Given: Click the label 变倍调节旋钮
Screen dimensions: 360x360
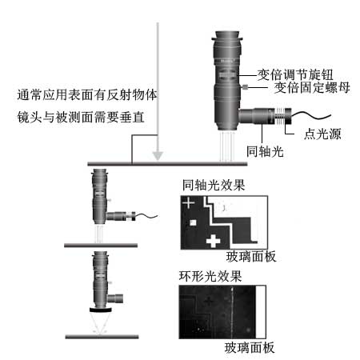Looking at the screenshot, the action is click(295, 75).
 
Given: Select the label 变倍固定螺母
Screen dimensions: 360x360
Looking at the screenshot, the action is click(312, 87).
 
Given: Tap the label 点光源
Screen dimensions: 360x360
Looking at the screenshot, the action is click(322, 134).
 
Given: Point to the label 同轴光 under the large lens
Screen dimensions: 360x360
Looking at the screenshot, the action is click(265, 151).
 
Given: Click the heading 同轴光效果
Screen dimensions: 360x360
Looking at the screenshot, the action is click(214, 185).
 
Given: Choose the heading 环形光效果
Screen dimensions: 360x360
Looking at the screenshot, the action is click(210, 276).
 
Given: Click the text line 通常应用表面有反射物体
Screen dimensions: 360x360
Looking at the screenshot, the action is click(87, 95).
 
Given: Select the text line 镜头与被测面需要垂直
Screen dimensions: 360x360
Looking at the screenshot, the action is click(81, 118).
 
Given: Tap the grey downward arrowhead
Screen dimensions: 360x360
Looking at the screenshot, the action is click(158, 156).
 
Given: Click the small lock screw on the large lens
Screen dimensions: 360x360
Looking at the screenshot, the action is click(245, 86).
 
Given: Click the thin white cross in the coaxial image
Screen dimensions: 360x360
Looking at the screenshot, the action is click(189, 203).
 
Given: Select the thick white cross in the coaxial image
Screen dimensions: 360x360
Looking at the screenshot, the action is click(214, 241).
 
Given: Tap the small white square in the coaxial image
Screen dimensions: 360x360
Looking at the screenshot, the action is click(193, 222).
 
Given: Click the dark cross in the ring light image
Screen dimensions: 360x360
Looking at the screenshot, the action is click(209, 302).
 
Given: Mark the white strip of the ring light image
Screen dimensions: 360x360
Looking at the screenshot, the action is click(261, 312).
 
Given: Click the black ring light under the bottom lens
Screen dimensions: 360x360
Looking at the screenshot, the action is click(101, 310).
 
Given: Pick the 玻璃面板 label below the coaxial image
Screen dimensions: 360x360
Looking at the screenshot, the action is click(251, 257).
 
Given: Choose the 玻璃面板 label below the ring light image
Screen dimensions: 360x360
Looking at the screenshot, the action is click(250, 348).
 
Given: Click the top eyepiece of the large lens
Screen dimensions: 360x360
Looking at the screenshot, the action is click(227, 35).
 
